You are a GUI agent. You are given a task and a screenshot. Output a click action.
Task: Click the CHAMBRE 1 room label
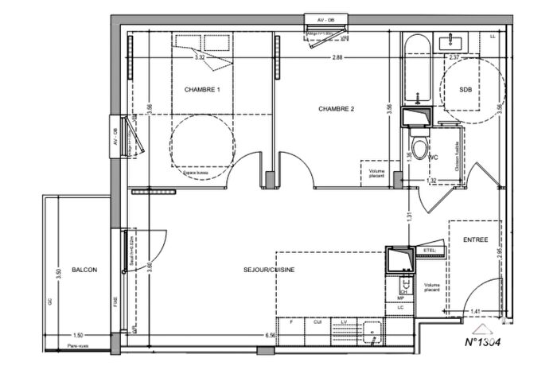pos(202,90)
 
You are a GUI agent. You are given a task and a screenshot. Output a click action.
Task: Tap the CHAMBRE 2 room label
pos(337,108)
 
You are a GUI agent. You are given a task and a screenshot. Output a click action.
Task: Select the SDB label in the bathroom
pos(465,90)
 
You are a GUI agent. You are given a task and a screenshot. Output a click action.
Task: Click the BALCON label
pos(84,271)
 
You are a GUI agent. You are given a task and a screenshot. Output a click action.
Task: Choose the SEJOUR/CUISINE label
pos(270,271)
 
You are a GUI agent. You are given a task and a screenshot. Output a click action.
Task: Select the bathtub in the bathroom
pos(416,72)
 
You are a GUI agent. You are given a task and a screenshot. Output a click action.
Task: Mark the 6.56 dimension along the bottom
pos(271,335)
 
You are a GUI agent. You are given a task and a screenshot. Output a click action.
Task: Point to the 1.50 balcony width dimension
pos(78,335)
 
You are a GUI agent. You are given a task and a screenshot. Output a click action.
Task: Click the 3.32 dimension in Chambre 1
pos(200,57)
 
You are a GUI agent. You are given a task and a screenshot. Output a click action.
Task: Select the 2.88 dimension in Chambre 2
pos(337,57)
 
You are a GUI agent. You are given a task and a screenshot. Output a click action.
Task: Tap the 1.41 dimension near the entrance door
pos(476,311)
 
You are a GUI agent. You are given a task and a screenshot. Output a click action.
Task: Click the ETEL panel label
pos(430,251)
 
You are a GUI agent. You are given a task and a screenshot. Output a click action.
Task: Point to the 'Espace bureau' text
pos(195,171)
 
